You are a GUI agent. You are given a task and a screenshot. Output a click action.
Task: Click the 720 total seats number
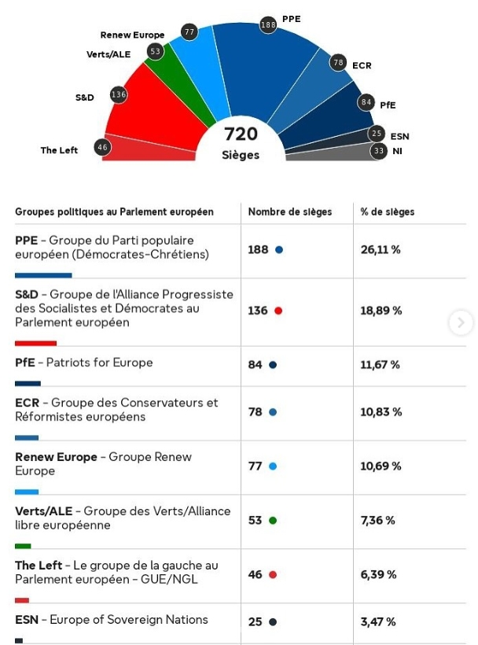[241, 135]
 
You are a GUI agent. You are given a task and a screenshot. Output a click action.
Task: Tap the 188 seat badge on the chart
[269, 25]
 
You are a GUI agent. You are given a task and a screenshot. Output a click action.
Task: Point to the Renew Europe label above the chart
[132, 35]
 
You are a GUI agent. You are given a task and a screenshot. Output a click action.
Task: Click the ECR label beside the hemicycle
[362, 65]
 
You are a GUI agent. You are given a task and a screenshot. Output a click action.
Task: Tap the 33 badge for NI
[379, 150]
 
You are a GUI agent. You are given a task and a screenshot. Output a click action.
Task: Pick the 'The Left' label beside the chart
[59, 150]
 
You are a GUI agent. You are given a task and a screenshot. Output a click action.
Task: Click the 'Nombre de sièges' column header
[290, 212]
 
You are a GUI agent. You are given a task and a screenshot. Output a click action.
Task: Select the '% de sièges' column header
[388, 212]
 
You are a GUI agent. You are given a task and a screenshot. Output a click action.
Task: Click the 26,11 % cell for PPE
[381, 249]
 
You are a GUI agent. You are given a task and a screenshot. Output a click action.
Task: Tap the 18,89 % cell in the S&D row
[381, 311]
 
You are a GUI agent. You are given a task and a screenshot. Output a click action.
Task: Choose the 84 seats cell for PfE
[256, 365]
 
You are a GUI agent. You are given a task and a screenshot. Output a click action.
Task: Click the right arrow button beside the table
[461, 322]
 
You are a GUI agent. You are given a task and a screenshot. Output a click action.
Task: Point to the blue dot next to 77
[273, 466]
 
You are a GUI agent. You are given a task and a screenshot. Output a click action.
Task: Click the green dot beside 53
[273, 521]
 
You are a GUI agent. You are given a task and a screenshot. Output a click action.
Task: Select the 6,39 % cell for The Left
[378, 575]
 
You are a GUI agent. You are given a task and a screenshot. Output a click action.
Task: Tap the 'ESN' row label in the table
[27, 620]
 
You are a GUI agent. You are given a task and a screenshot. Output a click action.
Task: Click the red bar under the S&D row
[35, 343]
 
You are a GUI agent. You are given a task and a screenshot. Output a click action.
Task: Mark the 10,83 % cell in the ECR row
[381, 412]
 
